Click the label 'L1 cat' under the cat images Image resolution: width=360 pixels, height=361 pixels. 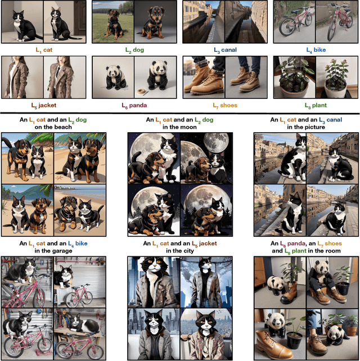(44, 50)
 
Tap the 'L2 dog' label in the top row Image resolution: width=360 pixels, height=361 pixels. (135, 50)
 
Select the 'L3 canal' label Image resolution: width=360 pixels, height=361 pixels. (225, 50)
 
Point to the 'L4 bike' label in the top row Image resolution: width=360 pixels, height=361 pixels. (316, 50)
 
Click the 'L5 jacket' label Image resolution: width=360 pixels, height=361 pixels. (44, 106)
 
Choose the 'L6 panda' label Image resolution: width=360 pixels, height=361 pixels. (134, 106)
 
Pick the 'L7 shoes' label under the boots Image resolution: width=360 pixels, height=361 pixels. (225, 106)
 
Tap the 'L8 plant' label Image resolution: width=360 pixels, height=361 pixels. (316, 106)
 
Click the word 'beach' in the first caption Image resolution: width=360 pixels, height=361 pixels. (64, 127)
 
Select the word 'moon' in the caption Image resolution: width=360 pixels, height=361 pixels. (190, 127)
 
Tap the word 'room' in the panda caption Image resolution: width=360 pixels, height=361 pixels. (334, 251)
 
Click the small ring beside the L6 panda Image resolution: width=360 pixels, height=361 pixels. (141, 92)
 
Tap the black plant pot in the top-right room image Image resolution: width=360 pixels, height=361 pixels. (343, 288)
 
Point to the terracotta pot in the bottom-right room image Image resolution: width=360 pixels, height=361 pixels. (352, 331)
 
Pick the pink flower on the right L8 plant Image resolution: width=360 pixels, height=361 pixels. (344, 62)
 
